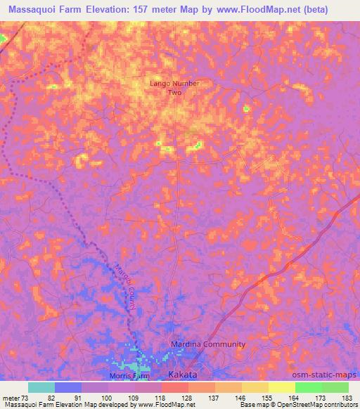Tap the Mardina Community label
tap(209, 344)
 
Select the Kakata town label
tap(183, 375)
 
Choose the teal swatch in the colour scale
tap(41, 387)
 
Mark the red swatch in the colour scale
tap(175, 387)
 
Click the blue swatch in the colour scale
tap(68, 387)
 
